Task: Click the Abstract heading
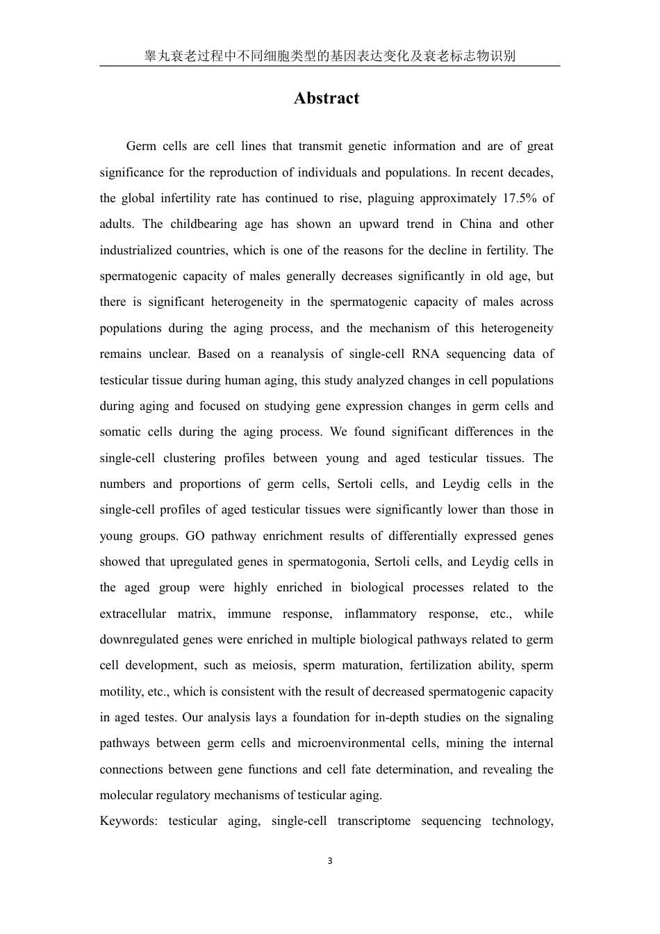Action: tap(327, 98)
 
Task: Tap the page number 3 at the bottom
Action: tap(330, 861)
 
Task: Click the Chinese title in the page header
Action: tap(329, 56)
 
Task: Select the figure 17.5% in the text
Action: tap(518, 198)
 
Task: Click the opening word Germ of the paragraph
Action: tap(141, 146)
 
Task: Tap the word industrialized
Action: tap(138, 250)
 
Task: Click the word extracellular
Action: tap(133, 614)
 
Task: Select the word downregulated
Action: tap(139, 639)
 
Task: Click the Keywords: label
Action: tap(129, 821)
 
